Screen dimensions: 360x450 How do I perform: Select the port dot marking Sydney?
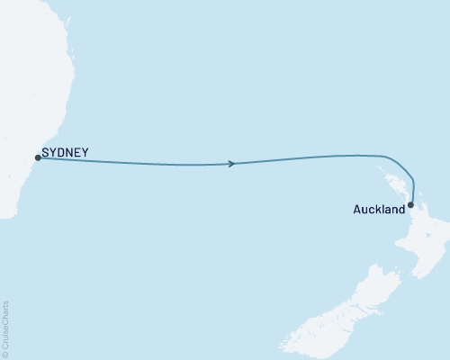click(37, 158)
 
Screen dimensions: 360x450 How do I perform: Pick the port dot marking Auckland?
click(410, 204)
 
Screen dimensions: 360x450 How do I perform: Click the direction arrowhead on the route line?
click(233, 164)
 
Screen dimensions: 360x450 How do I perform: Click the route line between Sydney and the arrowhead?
click(135, 163)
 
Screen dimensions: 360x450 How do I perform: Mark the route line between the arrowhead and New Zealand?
click(315, 157)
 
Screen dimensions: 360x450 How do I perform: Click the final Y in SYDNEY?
click(85, 153)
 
